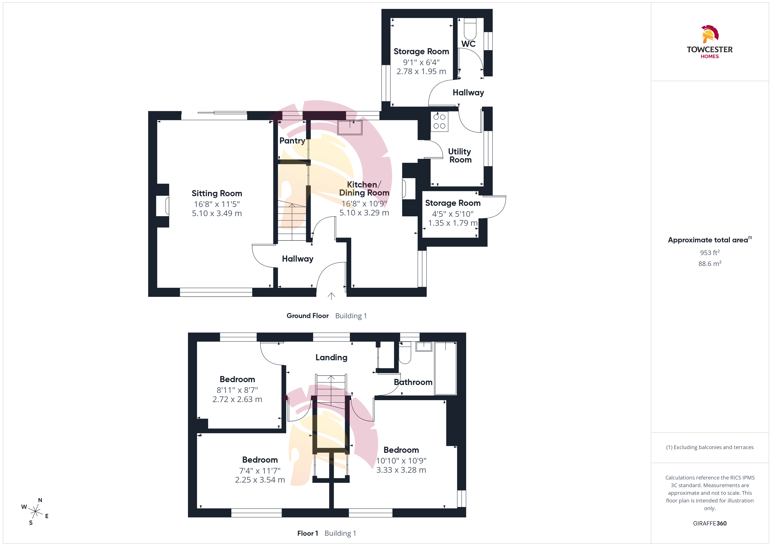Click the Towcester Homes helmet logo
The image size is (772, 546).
tap(710, 34)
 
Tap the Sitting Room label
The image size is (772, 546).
tap(217, 193)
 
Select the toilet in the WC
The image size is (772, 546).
tap(470, 29)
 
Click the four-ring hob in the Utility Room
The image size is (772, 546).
tap(439, 121)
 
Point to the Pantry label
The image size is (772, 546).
tap(292, 140)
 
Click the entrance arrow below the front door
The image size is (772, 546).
tap(332, 296)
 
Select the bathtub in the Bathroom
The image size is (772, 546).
tap(446, 368)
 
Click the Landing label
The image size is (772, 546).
tap(331, 357)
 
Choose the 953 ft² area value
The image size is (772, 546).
tap(710, 252)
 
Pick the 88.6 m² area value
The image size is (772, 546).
tap(710, 264)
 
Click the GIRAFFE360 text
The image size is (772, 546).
tap(710, 523)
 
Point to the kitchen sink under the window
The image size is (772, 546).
tap(350, 128)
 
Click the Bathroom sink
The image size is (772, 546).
tap(424, 347)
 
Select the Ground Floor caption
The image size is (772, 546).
tap(308, 316)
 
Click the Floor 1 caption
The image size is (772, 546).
tap(308, 533)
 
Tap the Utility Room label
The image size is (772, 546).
tap(460, 156)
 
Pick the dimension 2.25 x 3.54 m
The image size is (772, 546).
tap(260, 480)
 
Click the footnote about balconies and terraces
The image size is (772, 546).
tap(710, 447)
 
